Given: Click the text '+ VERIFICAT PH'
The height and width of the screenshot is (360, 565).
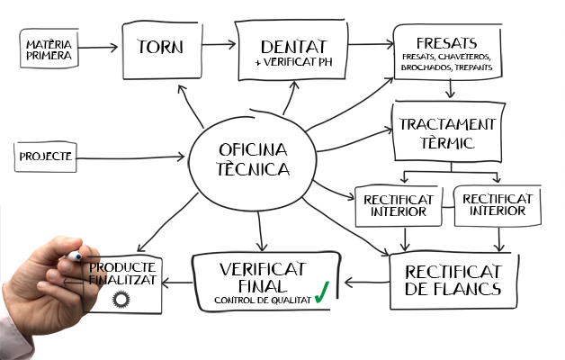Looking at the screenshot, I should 292,62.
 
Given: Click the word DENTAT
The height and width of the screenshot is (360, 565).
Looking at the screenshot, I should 292,46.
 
